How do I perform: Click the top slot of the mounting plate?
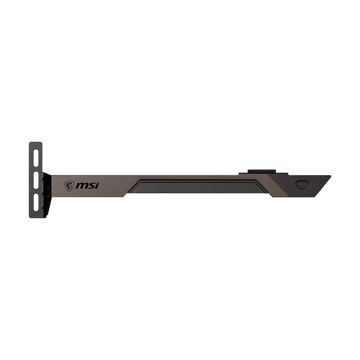click(36, 157)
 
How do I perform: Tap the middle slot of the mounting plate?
click(36, 180)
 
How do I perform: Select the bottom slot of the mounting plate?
click(36, 201)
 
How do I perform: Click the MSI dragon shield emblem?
click(69, 185)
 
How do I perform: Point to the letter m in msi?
click(82, 185)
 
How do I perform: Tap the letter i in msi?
click(97, 185)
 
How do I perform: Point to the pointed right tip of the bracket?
click(330, 176)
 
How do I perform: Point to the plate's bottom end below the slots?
click(36, 213)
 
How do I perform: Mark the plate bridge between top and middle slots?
click(36, 169)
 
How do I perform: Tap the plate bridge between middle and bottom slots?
click(36, 191)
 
